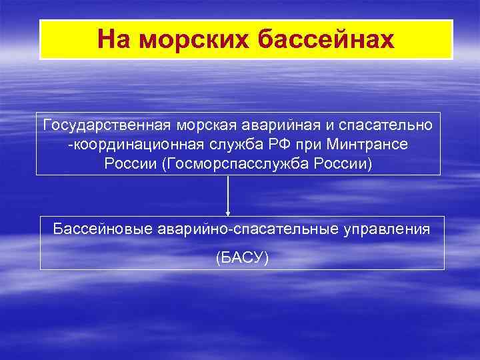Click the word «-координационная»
point(125,145)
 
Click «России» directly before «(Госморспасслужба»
point(131,164)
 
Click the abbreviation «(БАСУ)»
point(242,257)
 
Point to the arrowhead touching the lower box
point(228,213)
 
